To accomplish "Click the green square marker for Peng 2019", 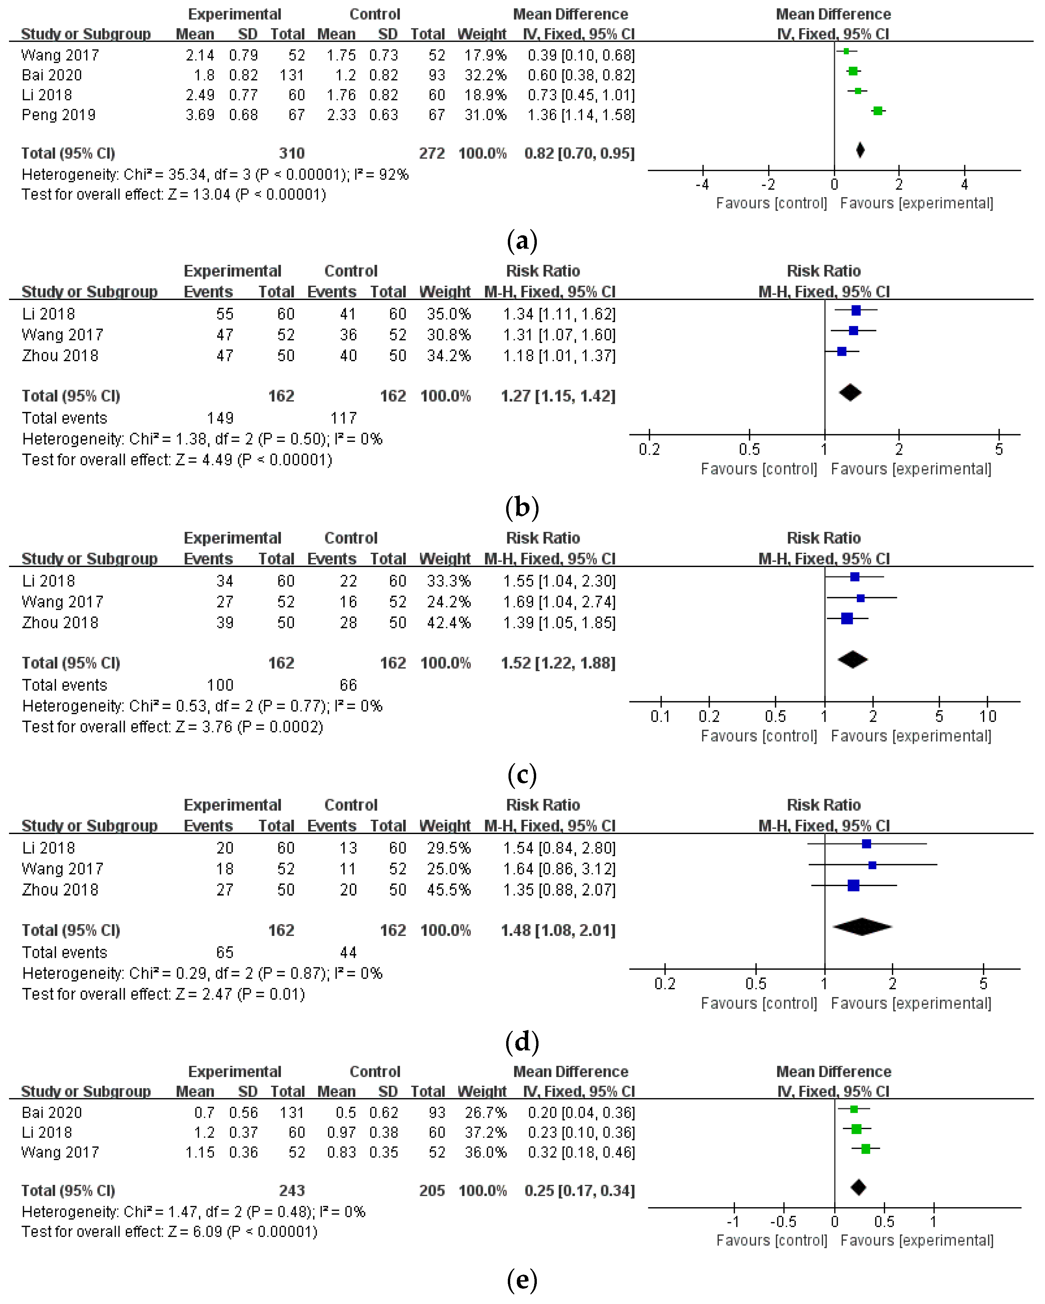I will coord(878,111).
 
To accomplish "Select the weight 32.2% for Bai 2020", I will coord(485,75).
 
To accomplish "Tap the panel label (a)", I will coord(522,241).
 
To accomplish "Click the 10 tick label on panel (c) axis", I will coord(988,717).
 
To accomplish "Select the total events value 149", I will coord(220,418).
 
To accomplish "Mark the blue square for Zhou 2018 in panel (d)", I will coord(853,885).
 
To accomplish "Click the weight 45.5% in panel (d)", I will coord(448,890).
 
